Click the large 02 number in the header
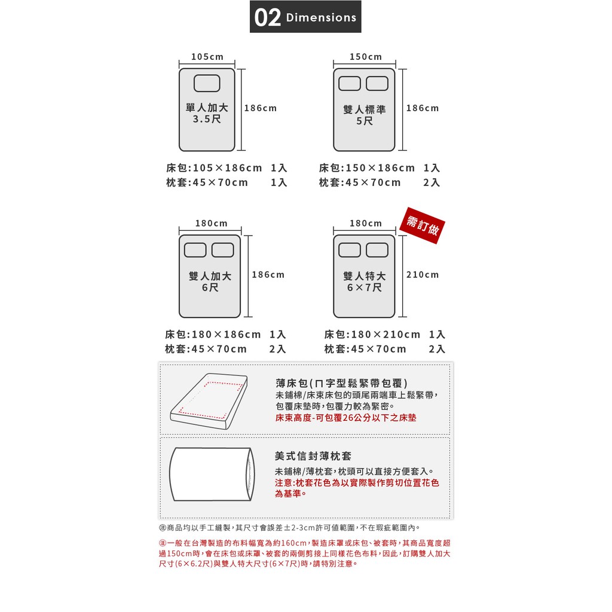point(267,17)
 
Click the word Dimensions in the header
point(321,17)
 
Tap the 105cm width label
point(207,57)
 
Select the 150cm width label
point(366,57)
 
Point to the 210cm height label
point(423,275)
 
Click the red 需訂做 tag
point(423,225)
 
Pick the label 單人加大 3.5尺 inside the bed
point(207,113)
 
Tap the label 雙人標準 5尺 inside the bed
point(365,115)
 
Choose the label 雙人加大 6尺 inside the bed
point(210,282)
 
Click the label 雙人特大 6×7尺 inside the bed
point(365,282)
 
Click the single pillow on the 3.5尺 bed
point(207,83)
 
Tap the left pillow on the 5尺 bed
point(349,84)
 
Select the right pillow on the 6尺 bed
point(223,250)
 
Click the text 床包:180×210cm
point(372,335)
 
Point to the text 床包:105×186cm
point(214,168)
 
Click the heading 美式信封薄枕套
point(313,456)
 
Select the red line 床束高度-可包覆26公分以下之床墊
point(346,418)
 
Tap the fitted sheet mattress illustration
point(209,401)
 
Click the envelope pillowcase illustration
point(212,474)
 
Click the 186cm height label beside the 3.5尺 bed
point(261,108)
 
